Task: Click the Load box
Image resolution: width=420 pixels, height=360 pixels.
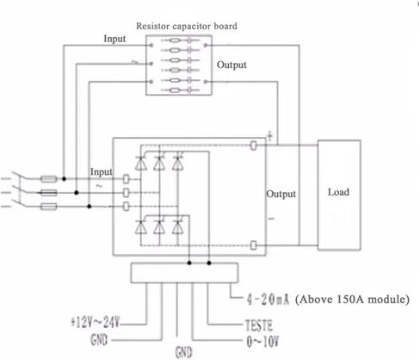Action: pos(339,196)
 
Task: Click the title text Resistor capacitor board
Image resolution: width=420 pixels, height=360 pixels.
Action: pos(187,26)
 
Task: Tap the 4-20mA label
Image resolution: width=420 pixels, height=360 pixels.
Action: pos(268,300)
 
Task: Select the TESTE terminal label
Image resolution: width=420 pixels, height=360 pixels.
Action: pos(259,326)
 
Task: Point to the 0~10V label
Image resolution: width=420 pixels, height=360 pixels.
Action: pos(262,341)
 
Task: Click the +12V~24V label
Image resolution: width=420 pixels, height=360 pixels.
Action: pos(95,322)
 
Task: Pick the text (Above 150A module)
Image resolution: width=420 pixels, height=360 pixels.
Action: pos(352,300)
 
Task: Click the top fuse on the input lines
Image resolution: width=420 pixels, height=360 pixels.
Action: pos(49,179)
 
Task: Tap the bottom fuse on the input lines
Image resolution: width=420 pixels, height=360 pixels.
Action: pos(49,207)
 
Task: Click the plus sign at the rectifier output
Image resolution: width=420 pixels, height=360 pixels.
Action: pos(269,135)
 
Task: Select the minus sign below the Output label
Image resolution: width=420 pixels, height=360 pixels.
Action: pos(271,219)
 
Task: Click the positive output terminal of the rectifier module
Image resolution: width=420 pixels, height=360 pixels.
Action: pos(253,146)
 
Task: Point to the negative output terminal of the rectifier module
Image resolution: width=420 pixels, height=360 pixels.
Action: pos(253,245)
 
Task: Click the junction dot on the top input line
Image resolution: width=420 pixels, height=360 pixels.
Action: pos(64,179)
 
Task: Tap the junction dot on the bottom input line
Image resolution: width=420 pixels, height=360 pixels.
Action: pos(90,206)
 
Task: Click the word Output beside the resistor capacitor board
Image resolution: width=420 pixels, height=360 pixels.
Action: pos(232,65)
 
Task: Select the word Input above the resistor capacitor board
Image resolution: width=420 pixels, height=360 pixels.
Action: pos(114,39)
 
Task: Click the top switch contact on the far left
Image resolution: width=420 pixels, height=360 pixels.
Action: pos(16,176)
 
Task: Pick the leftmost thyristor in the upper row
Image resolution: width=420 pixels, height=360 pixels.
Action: pos(141,164)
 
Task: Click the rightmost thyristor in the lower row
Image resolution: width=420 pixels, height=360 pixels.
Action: pos(177,227)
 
